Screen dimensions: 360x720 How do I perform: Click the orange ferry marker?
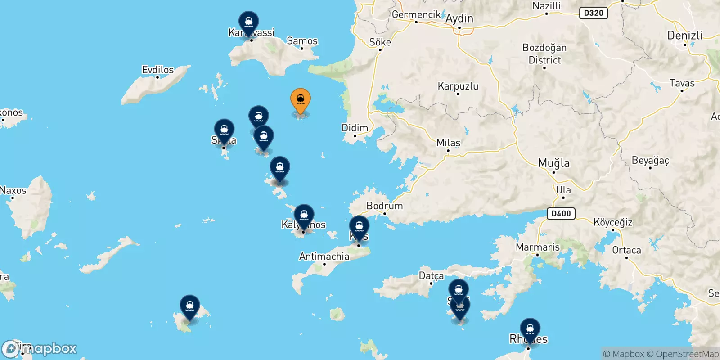coord(301,100)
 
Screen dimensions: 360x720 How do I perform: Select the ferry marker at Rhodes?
coord(530,329)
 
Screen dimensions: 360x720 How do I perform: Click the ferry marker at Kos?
coord(359,226)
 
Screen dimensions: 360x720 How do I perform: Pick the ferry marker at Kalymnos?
coord(304,216)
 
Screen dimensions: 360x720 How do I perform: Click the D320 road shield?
coord(593,13)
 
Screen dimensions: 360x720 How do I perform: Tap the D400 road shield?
coord(561,213)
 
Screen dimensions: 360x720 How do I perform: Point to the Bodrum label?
coord(384,206)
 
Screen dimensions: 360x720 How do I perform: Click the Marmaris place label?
coord(538,247)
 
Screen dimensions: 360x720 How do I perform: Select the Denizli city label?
coord(684,36)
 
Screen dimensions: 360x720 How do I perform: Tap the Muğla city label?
coord(554,163)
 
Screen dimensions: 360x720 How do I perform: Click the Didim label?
coord(355,128)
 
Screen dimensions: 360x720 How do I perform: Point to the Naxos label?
coord(13,190)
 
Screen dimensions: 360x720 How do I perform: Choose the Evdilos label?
coord(157,70)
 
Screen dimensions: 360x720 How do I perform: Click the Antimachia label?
coord(324,256)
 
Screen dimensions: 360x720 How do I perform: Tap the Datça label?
coord(431,275)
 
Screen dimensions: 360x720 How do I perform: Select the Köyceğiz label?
coord(613,222)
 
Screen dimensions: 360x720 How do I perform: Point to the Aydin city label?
coord(459,18)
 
